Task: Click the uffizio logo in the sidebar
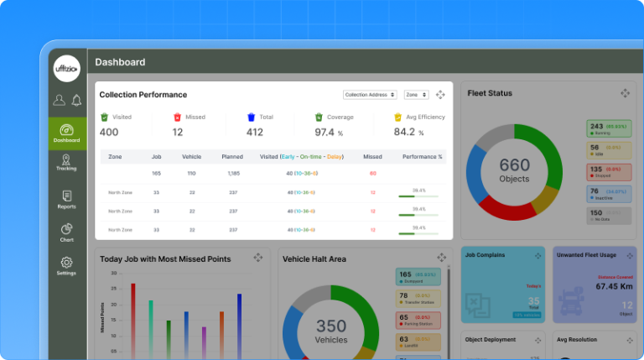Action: tap(67, 69)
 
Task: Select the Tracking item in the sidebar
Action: tap(66, 162)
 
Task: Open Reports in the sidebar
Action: tap(66, 199)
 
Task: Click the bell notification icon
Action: tap(76, 101)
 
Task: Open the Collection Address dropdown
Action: tap(370, 95)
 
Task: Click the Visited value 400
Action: tap(109, 132)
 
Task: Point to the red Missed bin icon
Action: tap(177, 117)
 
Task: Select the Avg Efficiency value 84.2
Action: tap(404, 132)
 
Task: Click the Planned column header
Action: tap(232, 156)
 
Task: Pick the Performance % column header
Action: tap(422, 156)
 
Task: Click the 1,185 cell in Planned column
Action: tap(233, 174)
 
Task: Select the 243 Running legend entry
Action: tap(608, 128)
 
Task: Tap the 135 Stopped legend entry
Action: tap(608, 171)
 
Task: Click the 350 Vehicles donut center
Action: tap(330, 330)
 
